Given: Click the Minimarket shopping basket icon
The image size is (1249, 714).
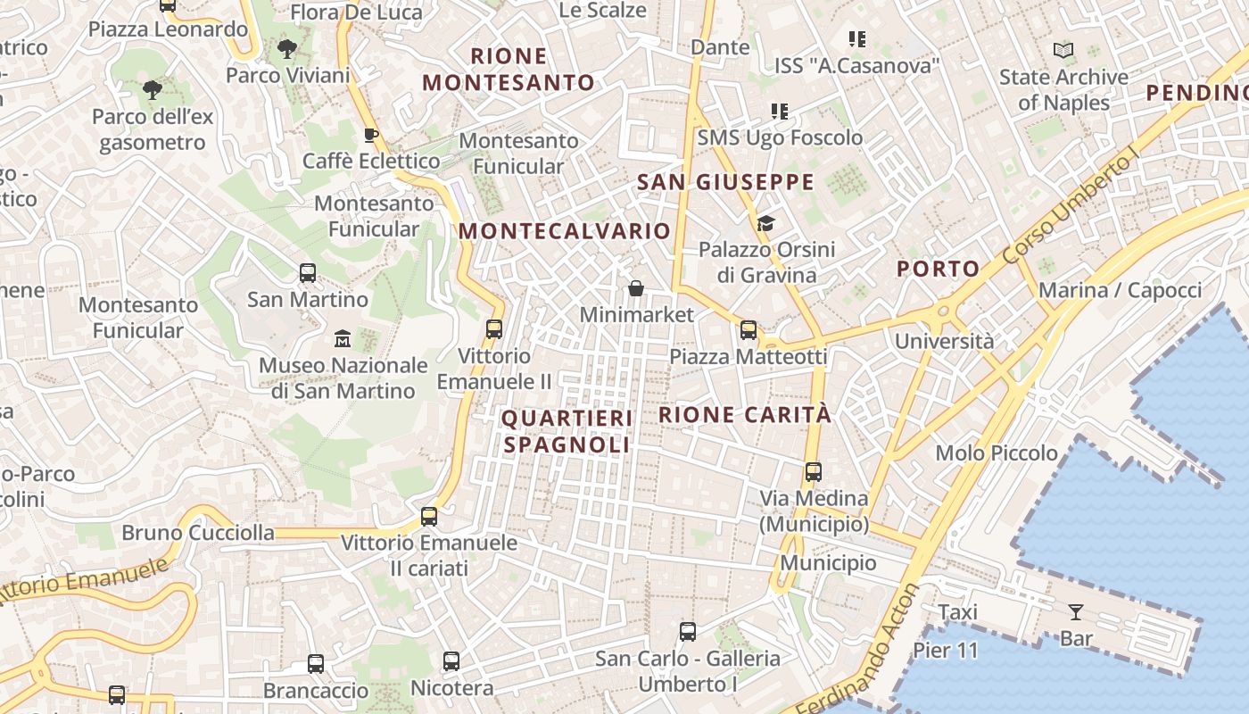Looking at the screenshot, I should pyautogui.click(x=636, y=288).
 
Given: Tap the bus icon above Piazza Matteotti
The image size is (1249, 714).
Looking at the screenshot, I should pyautogui.click(x=749, y=330).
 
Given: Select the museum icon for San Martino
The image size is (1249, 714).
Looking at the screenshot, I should pyautogui.click(x=343, y=339).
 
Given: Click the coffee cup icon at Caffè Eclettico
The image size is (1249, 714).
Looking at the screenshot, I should pyautogui.click(x=371, y=135).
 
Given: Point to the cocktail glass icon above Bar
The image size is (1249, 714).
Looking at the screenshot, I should pyautogui.click(x=1076, y=612).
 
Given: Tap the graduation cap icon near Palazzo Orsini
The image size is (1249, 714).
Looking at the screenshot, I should pyautogui.click(x=765, y=223).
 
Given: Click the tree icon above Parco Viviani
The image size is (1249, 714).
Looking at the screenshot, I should pyautogui.click(x=287, y=49).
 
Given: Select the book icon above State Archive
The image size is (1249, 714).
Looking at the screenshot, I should pyautogui.click(x=1063, y=51).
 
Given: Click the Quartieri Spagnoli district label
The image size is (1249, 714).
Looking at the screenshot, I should pyautogui.click(x=567, y=431).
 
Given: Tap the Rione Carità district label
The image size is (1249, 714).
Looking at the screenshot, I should pyautogui.click(x=745, y=414).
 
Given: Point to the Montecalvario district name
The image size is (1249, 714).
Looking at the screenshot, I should pyautogui.click(x=564, y=231).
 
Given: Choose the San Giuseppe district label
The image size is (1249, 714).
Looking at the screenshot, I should pyautogui.click(x=725, y=183).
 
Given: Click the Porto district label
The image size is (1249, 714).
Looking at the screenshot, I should pyautogui.click(x=938, y=269).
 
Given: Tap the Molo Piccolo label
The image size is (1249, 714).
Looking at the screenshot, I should pyautogui.click(x=997, y=453).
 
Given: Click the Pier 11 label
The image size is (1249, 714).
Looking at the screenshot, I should pyautogui.click(x=946, y=650).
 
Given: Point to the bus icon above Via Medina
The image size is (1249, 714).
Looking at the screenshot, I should pyautogui.click(x=814, y=471).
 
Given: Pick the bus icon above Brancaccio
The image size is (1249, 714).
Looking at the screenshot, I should pyautogui.click(x=316, y=664).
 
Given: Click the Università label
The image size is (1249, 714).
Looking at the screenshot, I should pyautogui.click(x=944, y=341).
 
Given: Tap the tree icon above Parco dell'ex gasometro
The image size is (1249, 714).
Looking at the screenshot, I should pyautogui.click(x=153, y=89).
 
